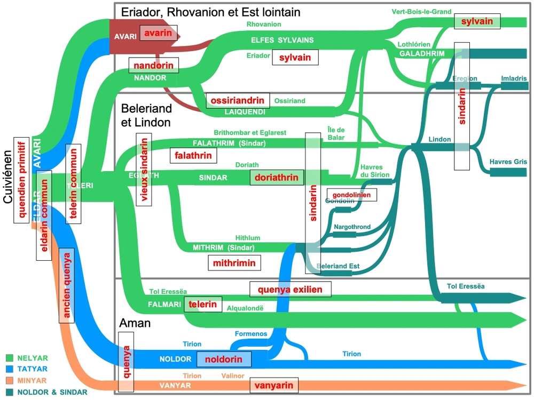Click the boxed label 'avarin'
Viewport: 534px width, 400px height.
156,33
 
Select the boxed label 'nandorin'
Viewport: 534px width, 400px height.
154,66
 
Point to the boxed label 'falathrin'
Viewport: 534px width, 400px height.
193,155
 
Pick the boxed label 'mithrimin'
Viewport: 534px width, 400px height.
234,263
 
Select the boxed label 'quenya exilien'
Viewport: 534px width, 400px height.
290,289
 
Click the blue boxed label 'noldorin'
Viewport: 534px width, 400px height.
223,359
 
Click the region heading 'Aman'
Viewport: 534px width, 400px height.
135,323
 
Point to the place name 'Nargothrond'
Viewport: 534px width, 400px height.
352,227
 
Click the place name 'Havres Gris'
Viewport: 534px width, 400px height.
508,161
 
